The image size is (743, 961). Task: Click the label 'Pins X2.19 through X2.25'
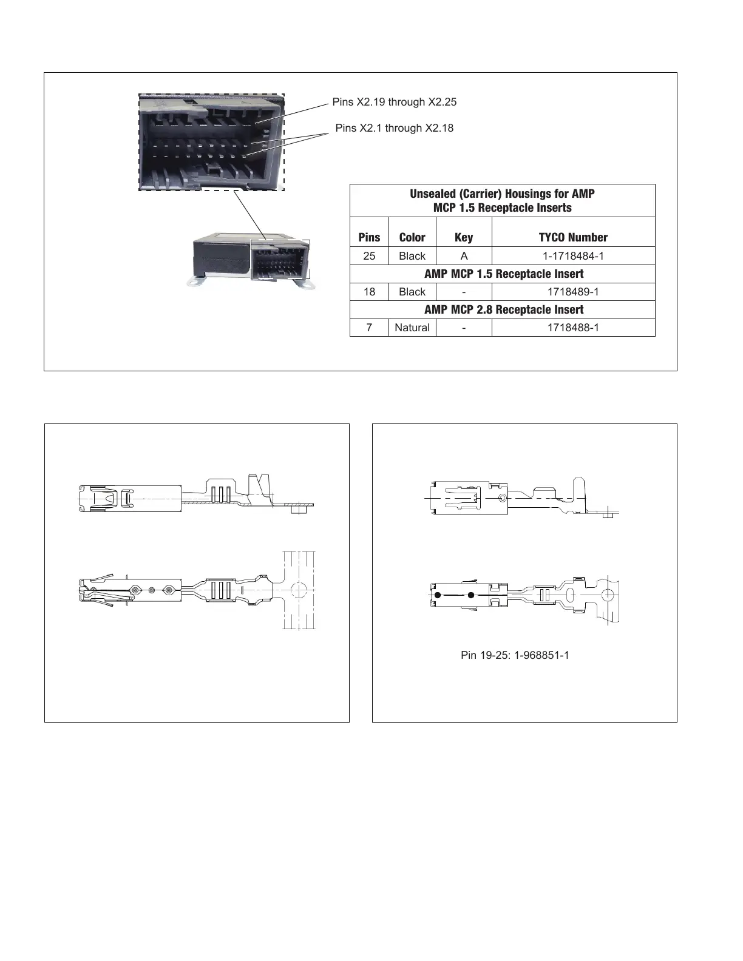click(394, 102)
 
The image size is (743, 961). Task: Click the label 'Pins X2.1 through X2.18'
click(394, 128)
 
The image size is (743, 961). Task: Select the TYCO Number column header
click(573, 237)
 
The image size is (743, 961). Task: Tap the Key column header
click(464, 237)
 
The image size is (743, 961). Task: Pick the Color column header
click(412, 237)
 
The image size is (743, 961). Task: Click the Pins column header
click(369, 237)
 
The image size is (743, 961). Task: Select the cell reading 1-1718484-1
click(573, 256)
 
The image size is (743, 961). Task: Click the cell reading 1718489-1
click(573, 292)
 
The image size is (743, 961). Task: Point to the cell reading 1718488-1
click(573, 328)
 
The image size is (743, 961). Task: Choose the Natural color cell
click(412, 328)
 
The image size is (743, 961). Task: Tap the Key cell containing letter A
click(464, 256)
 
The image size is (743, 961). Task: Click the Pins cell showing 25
click(369, 256)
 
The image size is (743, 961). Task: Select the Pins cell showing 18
click(369, 292)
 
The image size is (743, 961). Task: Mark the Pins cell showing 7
click(369, 328)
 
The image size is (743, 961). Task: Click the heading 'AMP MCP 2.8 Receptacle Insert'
click(503, 309)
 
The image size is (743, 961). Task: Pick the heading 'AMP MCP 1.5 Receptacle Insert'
click(503, 274)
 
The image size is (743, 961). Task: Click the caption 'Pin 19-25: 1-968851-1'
click(515, 655)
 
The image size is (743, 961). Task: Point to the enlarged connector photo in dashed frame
click(211, 142)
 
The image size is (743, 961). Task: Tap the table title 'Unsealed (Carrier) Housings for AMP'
click(502, 194)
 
